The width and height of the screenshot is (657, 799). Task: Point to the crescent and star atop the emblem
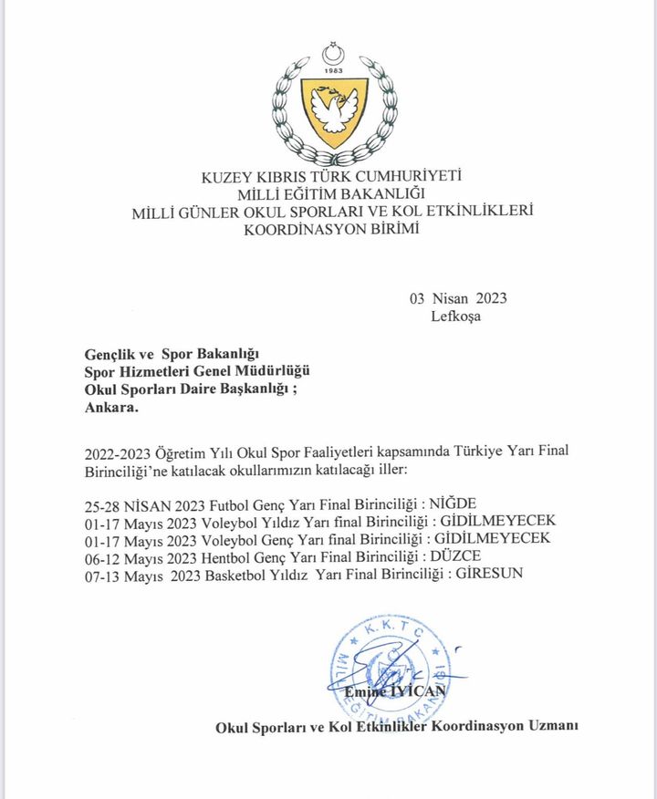coord(335,54)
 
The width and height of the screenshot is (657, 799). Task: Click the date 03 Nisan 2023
coord(458,298)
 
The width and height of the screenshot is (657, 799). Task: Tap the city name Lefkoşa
coord(455,316)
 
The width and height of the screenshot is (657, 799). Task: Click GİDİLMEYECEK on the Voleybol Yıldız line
coord(497,521)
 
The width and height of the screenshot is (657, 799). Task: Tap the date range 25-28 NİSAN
coord(120,503)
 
